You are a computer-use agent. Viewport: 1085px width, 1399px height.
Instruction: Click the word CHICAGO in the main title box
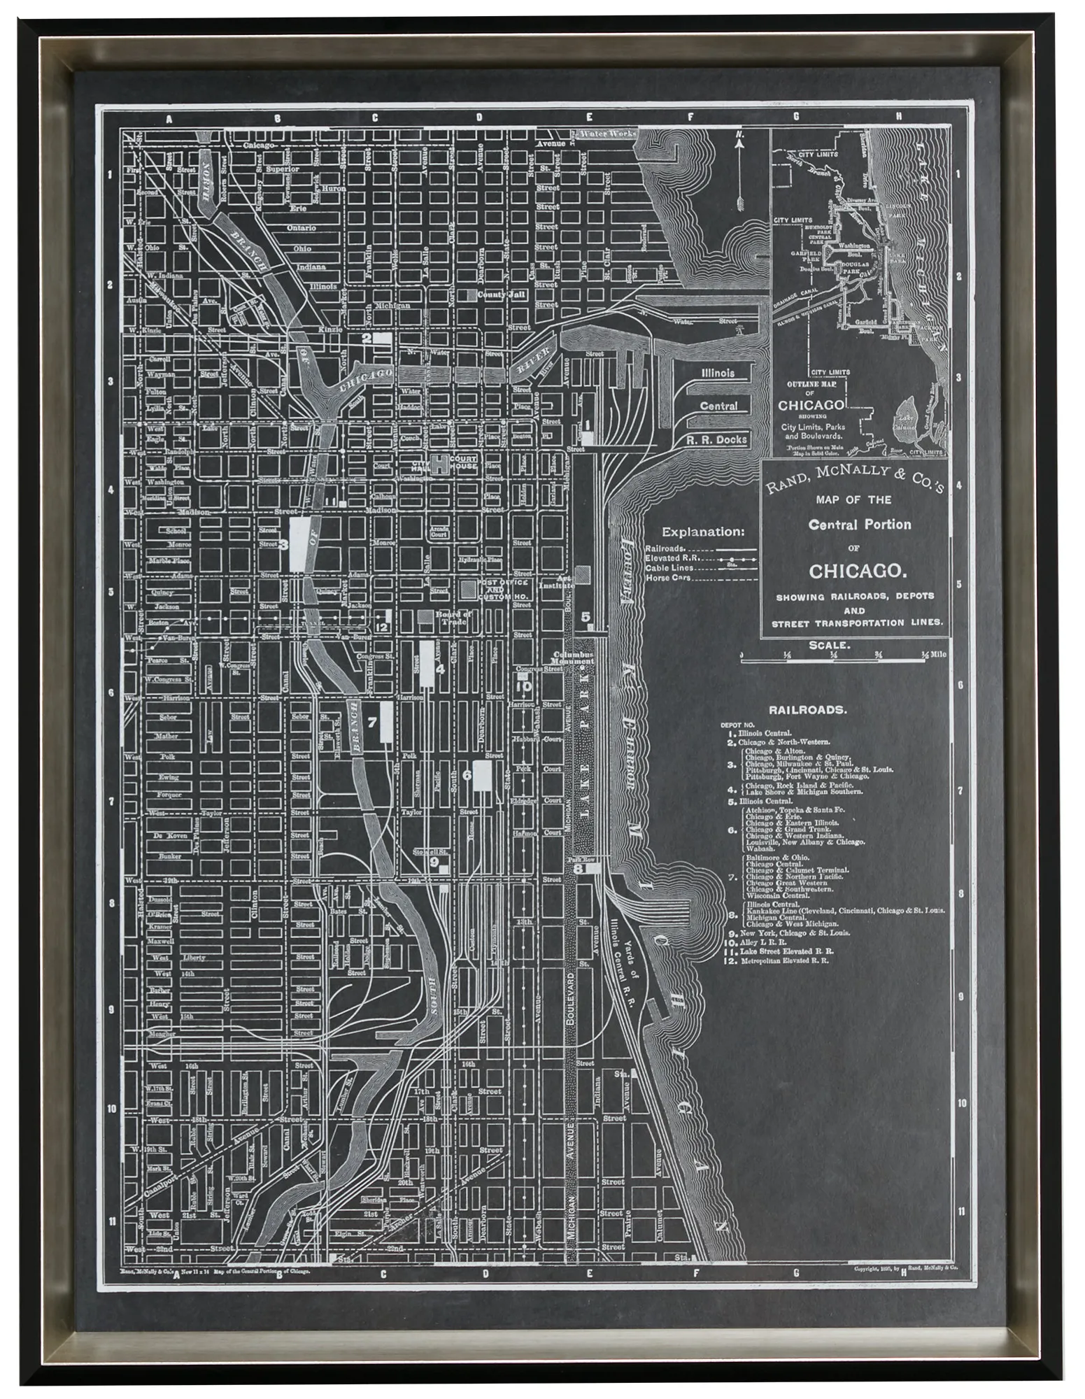[x=854, y=571]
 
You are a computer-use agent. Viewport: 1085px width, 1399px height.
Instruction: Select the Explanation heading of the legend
[x=703, y=531]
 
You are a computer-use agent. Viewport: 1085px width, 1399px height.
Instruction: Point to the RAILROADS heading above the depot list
[x=808, y=709]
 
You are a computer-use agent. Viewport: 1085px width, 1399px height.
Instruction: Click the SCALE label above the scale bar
[x=829, y=646]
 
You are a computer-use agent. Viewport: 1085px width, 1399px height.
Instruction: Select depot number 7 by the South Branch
[x=372, y=722]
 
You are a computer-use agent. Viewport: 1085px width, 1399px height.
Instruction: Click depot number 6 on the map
[x=467, y=774]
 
